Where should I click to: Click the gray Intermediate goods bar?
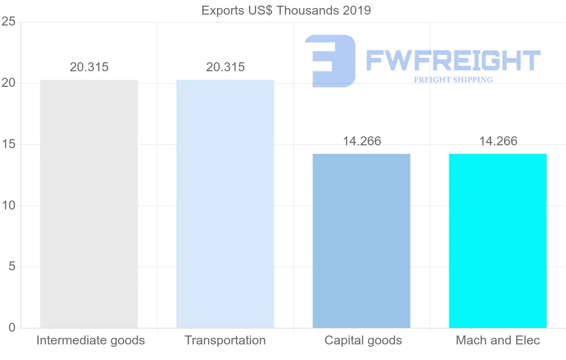point(89,204)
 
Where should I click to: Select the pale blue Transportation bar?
point(225,204)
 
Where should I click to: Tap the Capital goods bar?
point(361,241)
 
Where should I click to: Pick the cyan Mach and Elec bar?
point(498,241)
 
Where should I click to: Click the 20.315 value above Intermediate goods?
point(89,67)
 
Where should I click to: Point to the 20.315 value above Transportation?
point(225,67)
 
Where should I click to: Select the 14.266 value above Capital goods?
point(362,141)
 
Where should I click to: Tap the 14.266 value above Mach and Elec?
point(498,141)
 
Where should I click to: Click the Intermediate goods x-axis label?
point(91,341)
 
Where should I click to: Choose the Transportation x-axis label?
point(225,341)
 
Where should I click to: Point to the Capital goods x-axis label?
point(363,341)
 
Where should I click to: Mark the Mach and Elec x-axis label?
point(498,341)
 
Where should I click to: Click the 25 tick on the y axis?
point(8,22)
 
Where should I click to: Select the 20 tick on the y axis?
point(8,84)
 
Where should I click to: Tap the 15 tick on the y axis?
point(8,144)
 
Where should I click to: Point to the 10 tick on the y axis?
point(8,206)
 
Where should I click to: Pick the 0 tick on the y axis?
point(11,328)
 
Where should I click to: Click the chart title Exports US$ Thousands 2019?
point(286,10)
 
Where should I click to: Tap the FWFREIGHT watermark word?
point(453,61)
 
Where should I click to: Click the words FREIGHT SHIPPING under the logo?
point(453,80)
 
